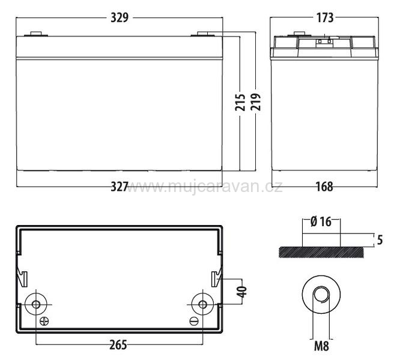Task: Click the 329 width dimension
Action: (120, 17)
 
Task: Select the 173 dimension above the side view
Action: (325, 17)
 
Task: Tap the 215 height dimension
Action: (240, 102)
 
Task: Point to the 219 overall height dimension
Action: (255, 102)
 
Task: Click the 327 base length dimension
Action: (120, 187)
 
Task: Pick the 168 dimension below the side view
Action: (324, 187)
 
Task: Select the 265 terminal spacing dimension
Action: (118, 344)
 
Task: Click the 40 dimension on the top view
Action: (242, 292)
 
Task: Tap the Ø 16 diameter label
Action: (321, 221)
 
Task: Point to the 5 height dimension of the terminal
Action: (380, 240)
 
